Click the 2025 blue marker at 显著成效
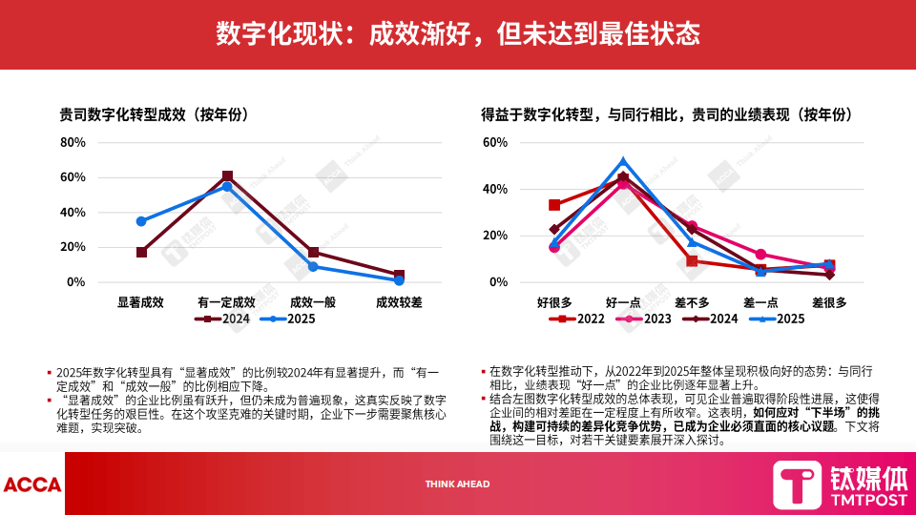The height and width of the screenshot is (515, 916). (x=141, y=221)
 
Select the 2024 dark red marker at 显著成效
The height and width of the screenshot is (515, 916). (x=141, y=253)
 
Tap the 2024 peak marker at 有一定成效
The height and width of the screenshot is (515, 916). (x=227, y=176)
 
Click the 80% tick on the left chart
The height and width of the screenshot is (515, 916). (x=73, y=142)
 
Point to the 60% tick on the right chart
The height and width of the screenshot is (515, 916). (x=494, y=142)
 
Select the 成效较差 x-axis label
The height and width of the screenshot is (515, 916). (x=399, y=301)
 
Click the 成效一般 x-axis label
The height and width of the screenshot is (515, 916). (x=313, y=301)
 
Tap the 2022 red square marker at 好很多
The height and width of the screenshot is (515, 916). (x=554, y=205)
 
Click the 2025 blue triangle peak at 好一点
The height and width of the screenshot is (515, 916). (x=623, y=162)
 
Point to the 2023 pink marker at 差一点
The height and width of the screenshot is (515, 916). (x=760, y=255)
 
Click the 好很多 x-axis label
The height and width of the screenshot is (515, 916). (x=554, y=301)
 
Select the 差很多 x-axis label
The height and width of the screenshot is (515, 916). (x=829, y=301)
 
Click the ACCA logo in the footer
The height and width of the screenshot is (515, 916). (x=31, y=484)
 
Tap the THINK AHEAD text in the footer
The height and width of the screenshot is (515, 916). (x=457, y=484)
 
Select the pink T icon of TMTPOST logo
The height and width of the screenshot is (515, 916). (x=796, y=484)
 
